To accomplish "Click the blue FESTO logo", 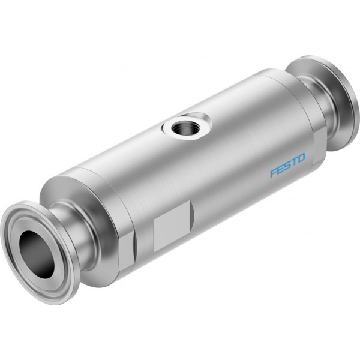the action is (x=287, y=166).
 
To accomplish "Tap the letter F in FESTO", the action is (x=274, y=173).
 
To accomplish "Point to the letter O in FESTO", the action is (x=301, y=158).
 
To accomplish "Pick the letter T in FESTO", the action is (x=293, y=162).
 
